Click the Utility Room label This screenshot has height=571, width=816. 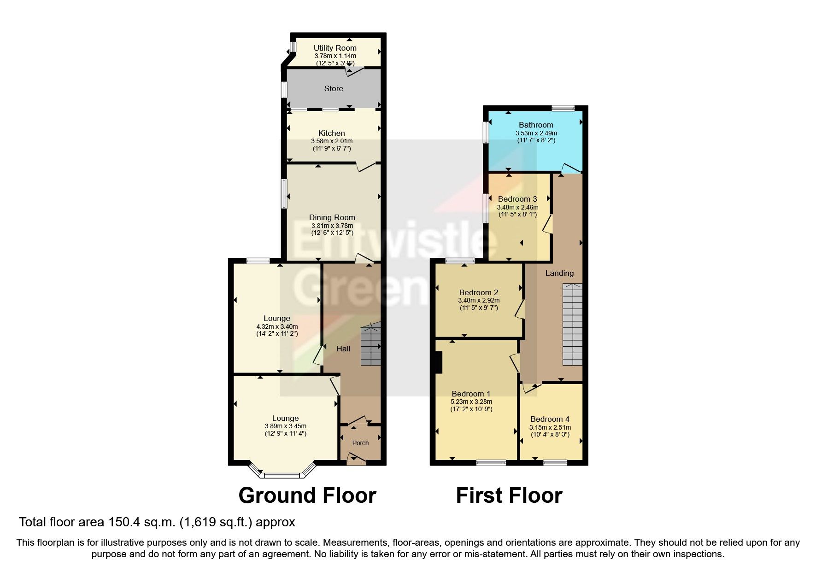click(x=335, y=48)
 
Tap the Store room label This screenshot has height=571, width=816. click(x=334, y=88)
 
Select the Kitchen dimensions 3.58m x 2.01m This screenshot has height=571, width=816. click(x=332, y=141)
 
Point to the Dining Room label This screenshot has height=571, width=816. click(x=332, y=217)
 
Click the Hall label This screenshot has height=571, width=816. click(x=343, y=349)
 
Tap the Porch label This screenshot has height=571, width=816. click(x=360, y=443)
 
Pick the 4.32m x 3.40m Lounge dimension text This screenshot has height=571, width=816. click(x=277, y=326)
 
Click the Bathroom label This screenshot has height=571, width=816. click(x=536, y=125)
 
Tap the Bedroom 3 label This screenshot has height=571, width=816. click(x=517, y=199)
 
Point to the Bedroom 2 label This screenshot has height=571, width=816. click(x=479, y=292)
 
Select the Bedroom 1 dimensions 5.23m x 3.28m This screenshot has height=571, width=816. click(x=471, y=402)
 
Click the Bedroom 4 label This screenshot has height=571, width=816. click(x=550, y=419)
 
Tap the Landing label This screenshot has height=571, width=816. click(x=559, y=273)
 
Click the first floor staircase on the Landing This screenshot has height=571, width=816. click(x=572, y=325)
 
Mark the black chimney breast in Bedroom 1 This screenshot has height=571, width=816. click(x=439, y=362)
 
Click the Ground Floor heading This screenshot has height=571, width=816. click(x=307, y=495)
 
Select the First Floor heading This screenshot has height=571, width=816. click(x=509, y=495)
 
